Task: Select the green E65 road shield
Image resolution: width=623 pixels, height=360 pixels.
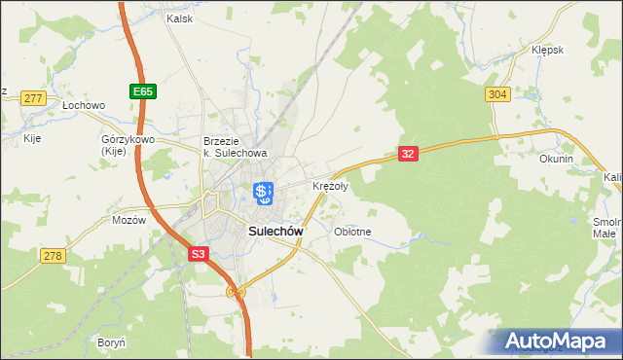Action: (143, 91)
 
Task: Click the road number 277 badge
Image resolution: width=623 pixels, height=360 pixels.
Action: (34, 98)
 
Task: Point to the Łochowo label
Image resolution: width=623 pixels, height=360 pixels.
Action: (83, 104)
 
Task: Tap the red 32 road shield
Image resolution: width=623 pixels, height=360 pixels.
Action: (408, 154)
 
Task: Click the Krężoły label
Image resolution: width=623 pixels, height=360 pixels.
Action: (330, 186)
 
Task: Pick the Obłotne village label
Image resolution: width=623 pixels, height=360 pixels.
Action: (352, 232)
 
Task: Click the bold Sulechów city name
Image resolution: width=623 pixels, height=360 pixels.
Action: (275, 232)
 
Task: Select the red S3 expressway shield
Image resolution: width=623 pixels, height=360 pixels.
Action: (199, 253)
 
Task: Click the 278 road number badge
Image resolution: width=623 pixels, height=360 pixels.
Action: (54, 255)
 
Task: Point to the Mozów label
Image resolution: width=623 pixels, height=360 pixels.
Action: (128, 220)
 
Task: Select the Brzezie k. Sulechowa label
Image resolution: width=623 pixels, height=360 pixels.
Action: (235, 146)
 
